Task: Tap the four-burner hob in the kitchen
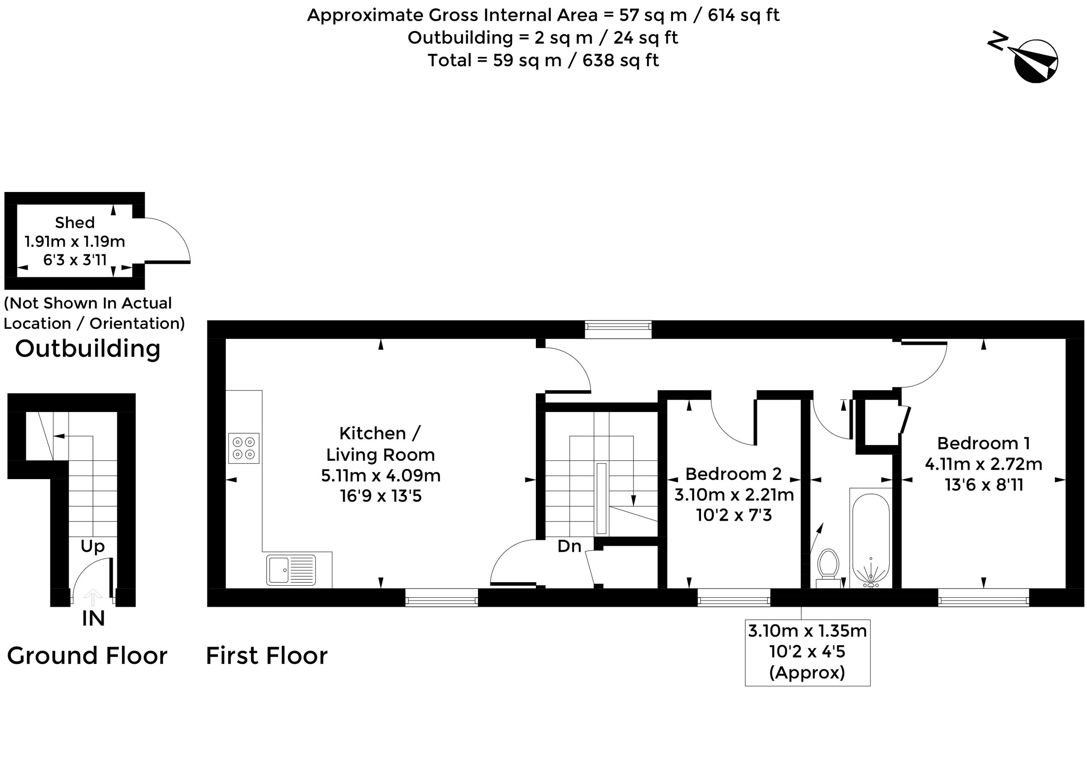[x=244, y=448]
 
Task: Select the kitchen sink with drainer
[x=291, y=570]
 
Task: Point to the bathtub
[x=871, y=539]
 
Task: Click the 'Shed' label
[x=75, y=223]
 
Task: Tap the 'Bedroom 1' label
[x=984, y=443]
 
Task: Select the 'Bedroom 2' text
[x=733, y=474]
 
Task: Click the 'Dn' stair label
[x=569, y=546]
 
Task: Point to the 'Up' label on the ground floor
[x=93, y=546]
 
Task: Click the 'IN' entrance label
[x=93, y=618]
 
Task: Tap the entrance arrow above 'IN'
[x=93, y=597]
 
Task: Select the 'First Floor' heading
[x=267, y=656]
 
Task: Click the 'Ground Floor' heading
[x=87, y=656]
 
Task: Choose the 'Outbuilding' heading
[x=88, y=349]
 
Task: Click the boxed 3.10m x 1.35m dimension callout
[x=807, y=652]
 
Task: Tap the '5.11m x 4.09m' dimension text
[x=381, y=476]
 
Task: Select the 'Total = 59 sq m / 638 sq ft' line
[x=543, y=61]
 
